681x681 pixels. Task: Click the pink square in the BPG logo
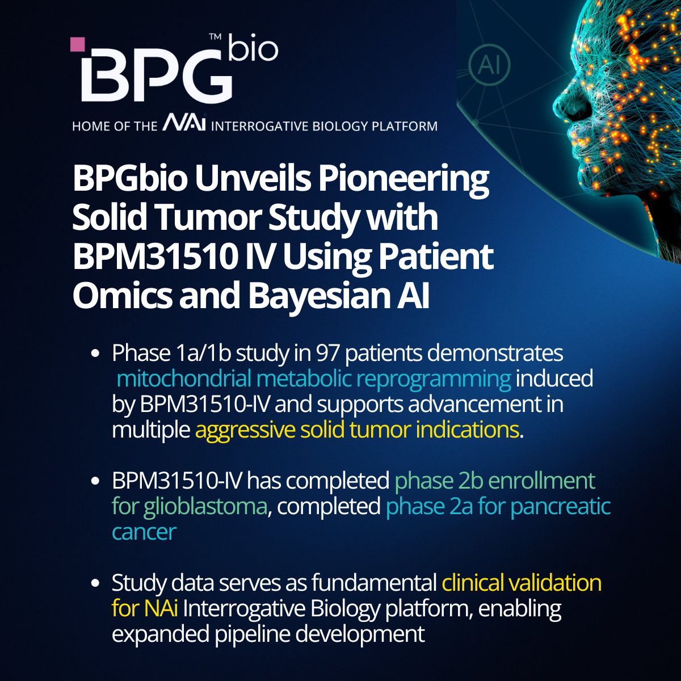click(77, 45)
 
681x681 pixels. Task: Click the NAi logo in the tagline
click(184, 124)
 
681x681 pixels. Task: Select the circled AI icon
click(489, 65)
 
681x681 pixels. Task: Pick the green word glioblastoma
click(205, 506)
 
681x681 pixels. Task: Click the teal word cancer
click(144, 532)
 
